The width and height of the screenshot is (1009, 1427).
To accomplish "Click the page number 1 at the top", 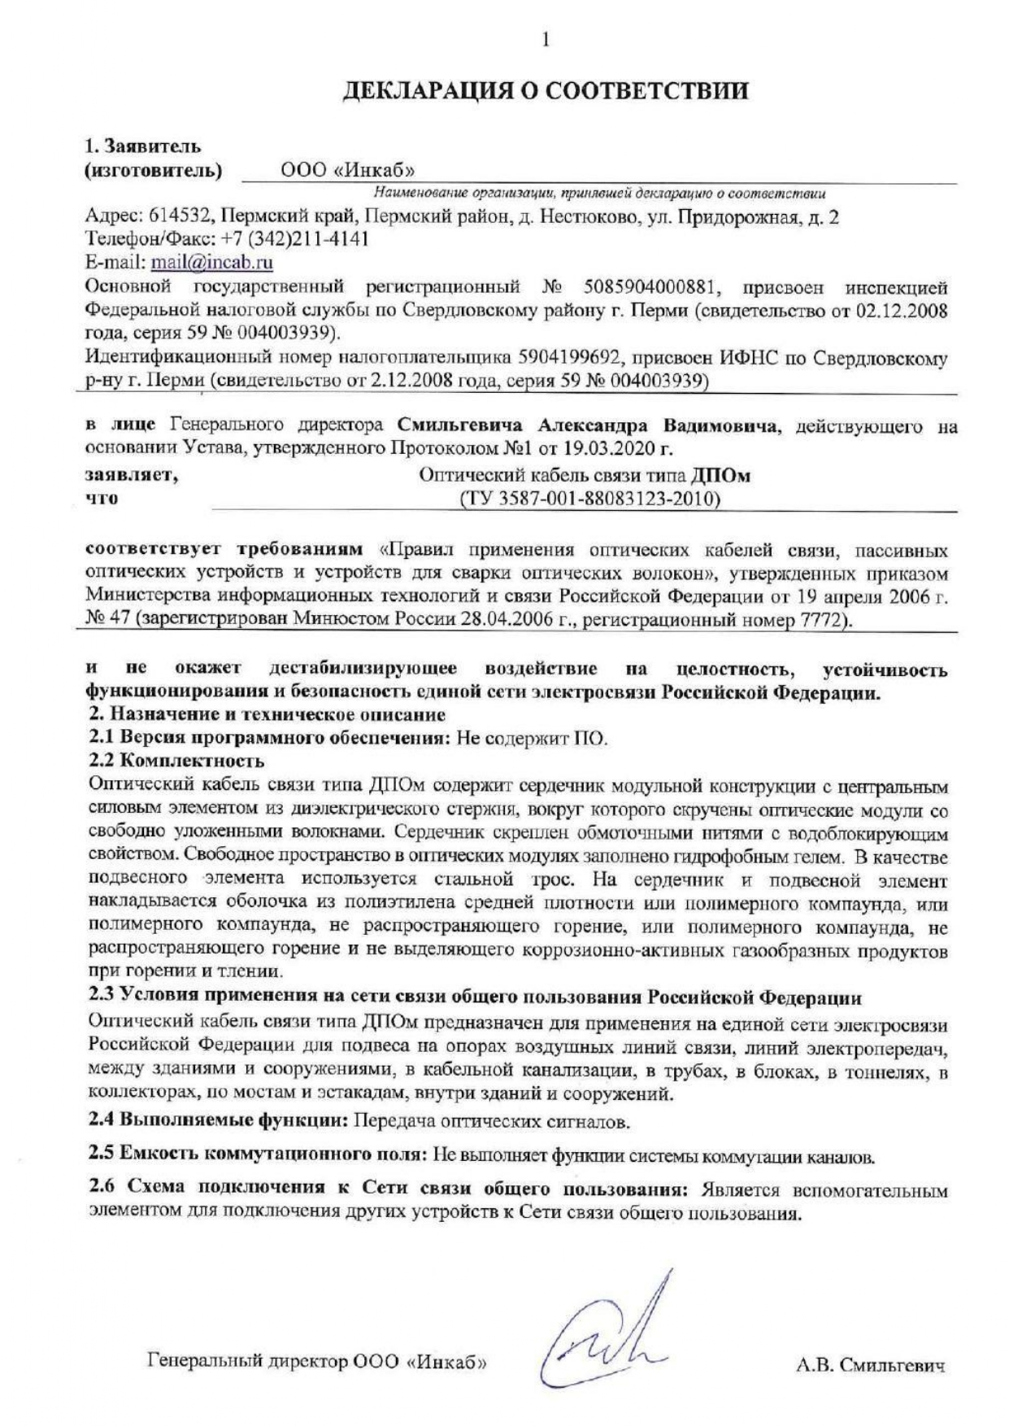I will click(x=546, y=39).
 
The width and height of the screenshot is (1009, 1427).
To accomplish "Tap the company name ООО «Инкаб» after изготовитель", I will click(x=347, y=170).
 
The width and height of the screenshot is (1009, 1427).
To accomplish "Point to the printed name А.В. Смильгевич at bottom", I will click(x=870, y=1365).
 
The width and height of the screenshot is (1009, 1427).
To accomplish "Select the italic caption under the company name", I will click(x=600, y=194).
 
